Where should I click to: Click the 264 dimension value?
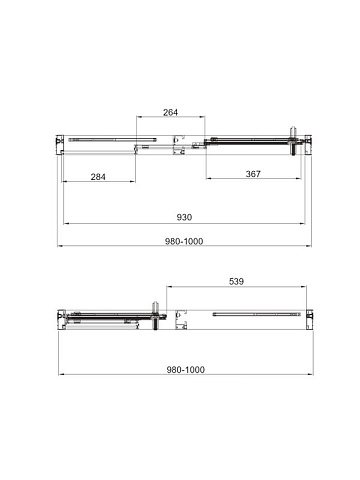point(170,112)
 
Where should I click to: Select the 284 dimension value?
point(98,177)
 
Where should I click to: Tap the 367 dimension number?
point(253,174)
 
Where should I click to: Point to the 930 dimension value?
point(184,217)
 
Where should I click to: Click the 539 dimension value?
point(236,282)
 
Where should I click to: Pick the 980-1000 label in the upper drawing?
point(184,241)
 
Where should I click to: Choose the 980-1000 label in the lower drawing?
point(186,370)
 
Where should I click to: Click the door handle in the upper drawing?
point(293,141)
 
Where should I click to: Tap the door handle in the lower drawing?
point(155,316)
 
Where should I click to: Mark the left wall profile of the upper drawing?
point(60,145)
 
